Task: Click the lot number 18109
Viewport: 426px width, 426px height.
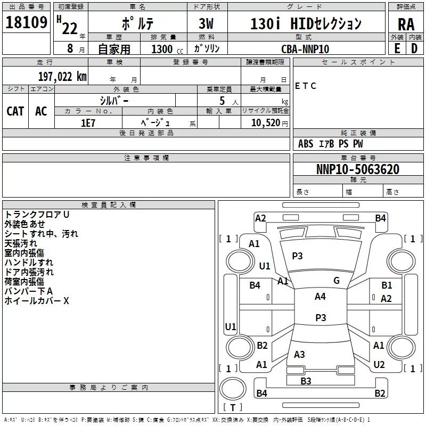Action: tap(26, 23)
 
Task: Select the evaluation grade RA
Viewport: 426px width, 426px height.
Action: tap(406, 24)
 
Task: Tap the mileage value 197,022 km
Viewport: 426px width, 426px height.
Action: tap(62, 76)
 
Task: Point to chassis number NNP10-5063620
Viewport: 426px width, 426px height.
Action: tap(357, 169)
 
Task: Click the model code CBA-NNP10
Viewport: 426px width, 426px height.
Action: tap(305, 49)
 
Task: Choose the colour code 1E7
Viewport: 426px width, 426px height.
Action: tap(88, 122)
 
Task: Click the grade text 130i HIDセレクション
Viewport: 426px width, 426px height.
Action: tap(306, 23)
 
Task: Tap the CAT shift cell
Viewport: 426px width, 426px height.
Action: tap(15, 111)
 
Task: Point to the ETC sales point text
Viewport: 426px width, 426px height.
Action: tap(306, 86)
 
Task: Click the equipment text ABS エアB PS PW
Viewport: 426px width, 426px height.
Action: tap(330, 144)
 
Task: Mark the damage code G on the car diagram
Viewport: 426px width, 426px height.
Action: tap(336, 281)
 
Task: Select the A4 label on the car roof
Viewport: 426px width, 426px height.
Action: tap(320, 297)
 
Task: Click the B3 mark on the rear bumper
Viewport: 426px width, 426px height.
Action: tap(306, 381)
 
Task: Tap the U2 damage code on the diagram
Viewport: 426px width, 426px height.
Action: tap(379, 364)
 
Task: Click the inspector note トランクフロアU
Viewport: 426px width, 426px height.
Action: tap(37, 215)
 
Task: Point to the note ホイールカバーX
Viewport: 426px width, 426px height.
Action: tap(37, 301)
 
